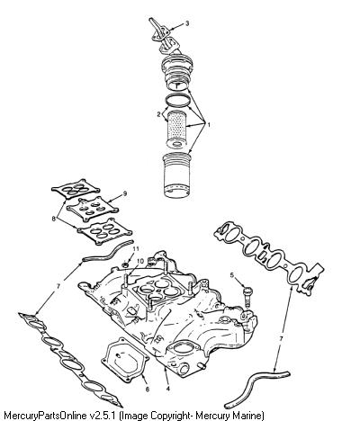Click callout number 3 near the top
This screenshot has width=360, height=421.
point(187,23)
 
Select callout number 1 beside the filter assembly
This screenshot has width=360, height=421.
point(209,124)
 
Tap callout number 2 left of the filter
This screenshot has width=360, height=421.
point(158,114)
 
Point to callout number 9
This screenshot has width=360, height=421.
point(125,193)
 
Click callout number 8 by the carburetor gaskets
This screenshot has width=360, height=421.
point(54,219)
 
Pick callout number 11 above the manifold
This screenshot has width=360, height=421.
point(136,248)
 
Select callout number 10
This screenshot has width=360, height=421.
point(140,261)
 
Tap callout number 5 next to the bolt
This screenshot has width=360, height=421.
point(232,275)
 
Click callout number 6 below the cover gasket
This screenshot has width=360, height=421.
point(148,390)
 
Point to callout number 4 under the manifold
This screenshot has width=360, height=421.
point(167,389)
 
